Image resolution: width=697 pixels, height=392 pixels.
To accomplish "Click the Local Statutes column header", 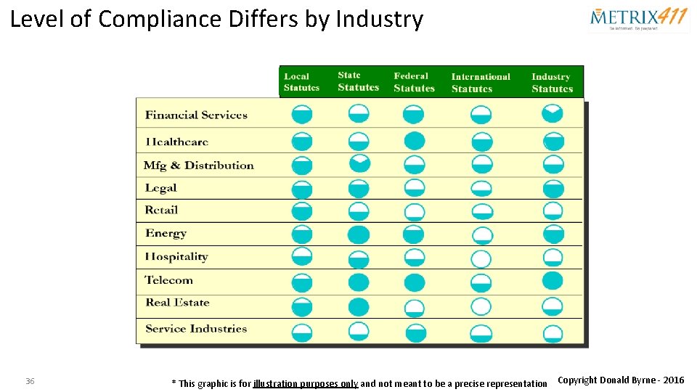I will coord(301,82).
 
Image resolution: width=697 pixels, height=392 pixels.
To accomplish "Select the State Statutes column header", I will coord(358,81).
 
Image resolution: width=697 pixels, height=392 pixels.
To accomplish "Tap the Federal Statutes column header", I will coord(414,82).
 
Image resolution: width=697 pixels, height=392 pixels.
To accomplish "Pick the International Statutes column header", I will coord(481,83).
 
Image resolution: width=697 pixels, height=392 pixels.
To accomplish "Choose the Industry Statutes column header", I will coord(552,83).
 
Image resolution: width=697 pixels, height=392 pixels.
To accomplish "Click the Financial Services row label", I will coord(196,115).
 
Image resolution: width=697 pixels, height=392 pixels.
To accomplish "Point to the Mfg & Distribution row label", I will coord(198,166).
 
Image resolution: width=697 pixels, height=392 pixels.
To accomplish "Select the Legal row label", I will coord(160,188).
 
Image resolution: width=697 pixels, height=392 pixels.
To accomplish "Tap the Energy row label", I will coord(166,234).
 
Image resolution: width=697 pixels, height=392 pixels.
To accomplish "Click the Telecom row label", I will coord(168,280).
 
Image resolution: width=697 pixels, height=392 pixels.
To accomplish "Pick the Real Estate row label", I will coord(177,303).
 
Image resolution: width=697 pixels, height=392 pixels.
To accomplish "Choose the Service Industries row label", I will coord(196,329).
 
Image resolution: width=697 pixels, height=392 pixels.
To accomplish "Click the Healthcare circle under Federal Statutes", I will coord(414,141).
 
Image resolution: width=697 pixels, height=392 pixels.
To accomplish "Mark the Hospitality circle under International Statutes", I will coord(481,259).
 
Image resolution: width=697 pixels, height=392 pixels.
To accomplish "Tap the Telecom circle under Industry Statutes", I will coord(553,281).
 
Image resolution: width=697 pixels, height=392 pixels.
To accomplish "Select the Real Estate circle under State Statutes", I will coord(359,306).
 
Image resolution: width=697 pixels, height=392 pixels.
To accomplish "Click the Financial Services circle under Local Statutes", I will coord(301,114).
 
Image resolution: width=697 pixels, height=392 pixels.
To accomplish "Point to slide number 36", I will coord(30,381).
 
